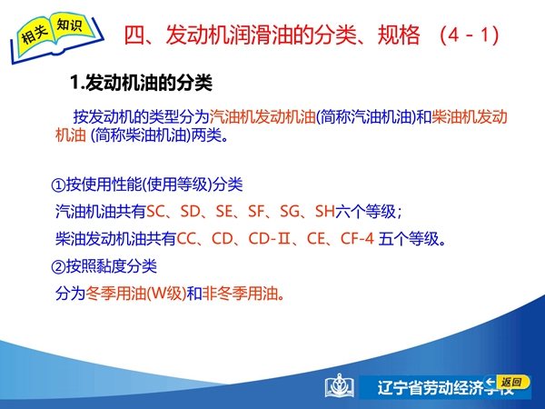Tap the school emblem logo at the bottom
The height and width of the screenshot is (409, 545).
click(339, 385)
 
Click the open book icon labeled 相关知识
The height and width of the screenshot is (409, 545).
click(56, 37)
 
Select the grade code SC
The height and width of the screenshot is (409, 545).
click(156, 211)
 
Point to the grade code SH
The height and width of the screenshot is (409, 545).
click(324, 211)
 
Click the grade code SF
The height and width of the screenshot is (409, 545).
click(256, 211)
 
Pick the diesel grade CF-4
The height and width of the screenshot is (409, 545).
click(357, 238)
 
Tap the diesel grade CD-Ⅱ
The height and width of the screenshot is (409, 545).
click(270, 238)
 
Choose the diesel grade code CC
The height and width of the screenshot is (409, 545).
click(186, 238)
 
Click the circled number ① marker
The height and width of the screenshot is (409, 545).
click(58, 185)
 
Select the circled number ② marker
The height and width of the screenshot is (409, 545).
click(58, 266)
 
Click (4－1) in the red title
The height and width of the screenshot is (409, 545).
click(470, 35)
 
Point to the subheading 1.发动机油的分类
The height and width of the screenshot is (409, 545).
click(141, 83)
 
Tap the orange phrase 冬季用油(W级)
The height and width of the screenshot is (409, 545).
click(136, 294)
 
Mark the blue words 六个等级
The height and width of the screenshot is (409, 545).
click(365, 211)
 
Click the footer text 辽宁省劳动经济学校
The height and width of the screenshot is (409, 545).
click(446, 388)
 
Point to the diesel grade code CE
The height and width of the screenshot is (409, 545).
click(316, 238)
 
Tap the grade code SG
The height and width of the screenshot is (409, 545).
click(290, 211)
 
